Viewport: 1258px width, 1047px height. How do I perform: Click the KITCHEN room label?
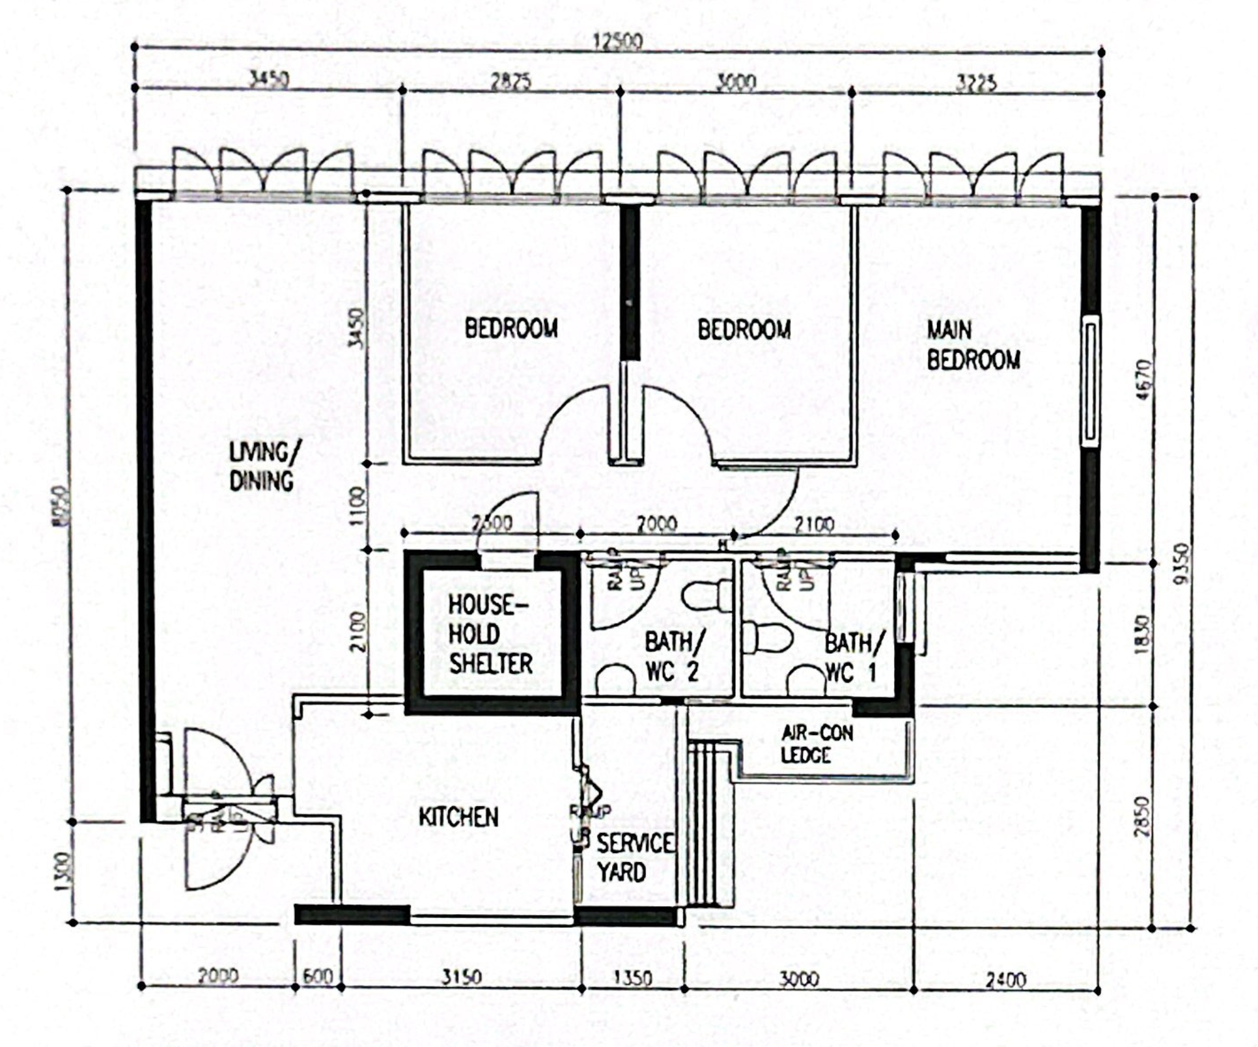[x=458, y=817]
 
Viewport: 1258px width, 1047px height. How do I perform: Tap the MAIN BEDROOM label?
[x=973, y=345]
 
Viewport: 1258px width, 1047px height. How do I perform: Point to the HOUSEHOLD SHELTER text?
[x=490, y=634]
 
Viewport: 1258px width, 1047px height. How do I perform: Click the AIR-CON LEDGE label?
[x=817, y=744]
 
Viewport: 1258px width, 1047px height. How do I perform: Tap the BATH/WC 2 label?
[x=673, y=656]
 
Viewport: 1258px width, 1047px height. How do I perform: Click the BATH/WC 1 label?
[x=853, y=658]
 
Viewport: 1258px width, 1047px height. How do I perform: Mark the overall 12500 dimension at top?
[x=617, y=41]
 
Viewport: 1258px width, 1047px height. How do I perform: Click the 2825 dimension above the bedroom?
[x=510, y=82]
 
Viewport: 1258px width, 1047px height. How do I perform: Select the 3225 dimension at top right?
[x=975, y=83]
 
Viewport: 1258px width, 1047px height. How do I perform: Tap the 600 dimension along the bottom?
[x=318, y=977]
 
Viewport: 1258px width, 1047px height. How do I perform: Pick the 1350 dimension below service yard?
[x=632, y=978]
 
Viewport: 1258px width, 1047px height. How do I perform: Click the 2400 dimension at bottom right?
[x=1005, y=979]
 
